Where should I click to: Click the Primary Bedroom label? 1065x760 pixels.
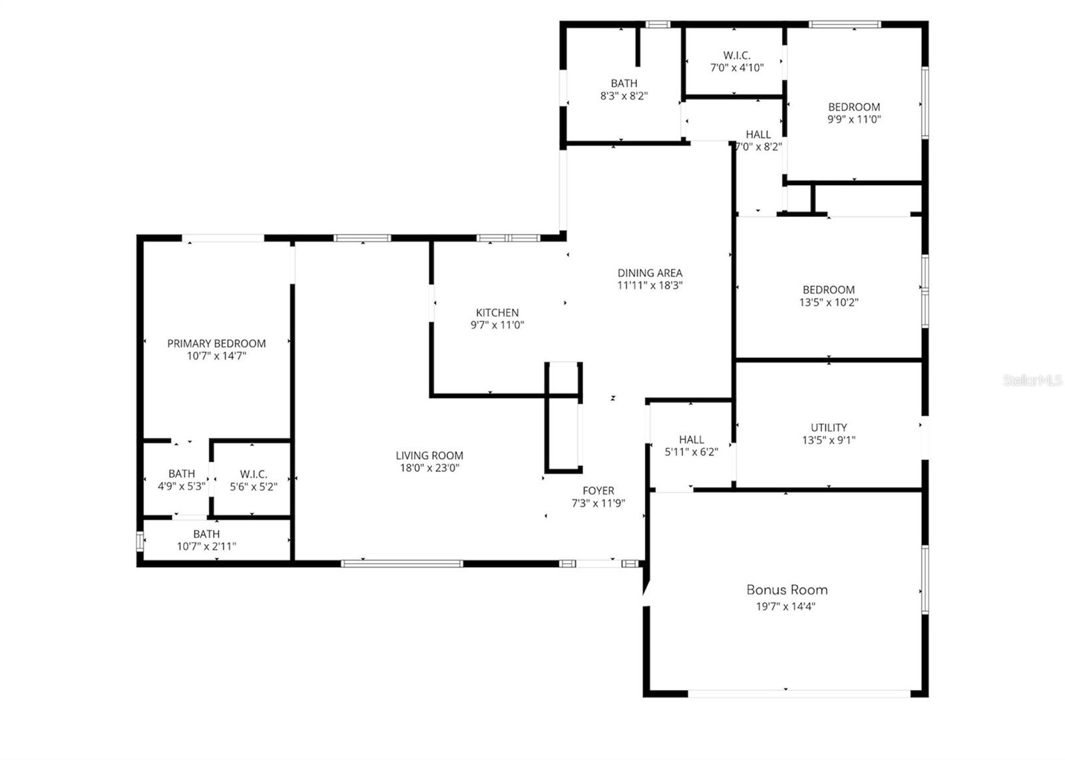point(216,343)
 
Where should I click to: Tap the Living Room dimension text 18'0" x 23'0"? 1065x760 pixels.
point(429,468)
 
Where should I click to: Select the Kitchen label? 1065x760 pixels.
point(497,313)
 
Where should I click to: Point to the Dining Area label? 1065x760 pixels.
point(650,273)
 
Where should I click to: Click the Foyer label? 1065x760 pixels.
point(598,491)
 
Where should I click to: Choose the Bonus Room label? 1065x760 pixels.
point(787,590)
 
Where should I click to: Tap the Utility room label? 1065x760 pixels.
point(829,428)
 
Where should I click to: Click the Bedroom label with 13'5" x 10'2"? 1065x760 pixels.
point(829,289)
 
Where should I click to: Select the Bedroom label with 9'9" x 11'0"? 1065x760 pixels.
point(854,107)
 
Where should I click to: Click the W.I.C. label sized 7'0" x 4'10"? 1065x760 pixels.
point(737,55)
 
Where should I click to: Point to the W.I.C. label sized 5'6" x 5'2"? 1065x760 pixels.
point(254,475)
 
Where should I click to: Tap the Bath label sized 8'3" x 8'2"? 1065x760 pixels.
point(624,83)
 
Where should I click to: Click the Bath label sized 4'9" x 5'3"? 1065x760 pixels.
point(182,474)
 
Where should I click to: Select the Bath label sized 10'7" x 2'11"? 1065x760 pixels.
point(206,534)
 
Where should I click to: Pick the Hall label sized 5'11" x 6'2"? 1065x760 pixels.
point(692,440)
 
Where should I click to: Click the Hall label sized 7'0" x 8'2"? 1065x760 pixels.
point(758,134)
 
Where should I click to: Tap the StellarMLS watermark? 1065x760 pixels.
point(1032,381)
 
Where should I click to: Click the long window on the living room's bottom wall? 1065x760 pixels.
point(401,564)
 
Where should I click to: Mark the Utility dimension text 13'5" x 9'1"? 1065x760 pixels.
point(829,440)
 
